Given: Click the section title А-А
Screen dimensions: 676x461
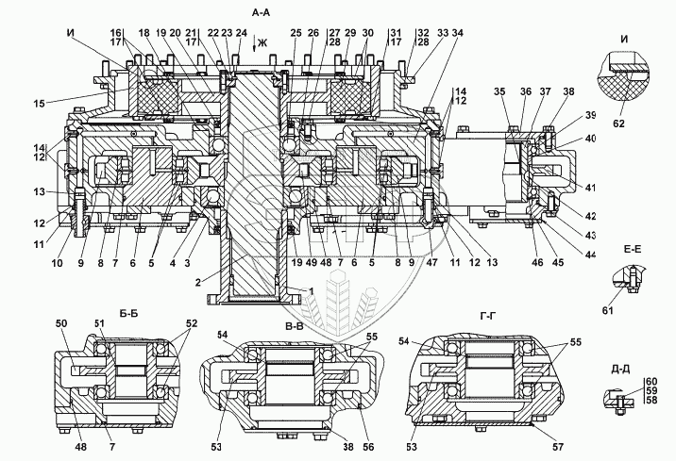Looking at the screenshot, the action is click(261, 13).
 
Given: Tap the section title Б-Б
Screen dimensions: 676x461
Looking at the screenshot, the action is click(128, 314).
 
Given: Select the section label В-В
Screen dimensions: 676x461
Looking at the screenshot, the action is click(295, 326).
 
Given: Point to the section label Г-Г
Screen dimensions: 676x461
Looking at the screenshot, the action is click(488, 317).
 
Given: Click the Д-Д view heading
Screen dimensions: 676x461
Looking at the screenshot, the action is click(621, 370).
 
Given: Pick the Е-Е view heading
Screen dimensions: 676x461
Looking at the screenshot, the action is click(633, 249).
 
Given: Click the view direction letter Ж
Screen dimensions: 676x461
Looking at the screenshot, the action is click(262, 42).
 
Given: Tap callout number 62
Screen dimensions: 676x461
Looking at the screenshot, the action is click(618, 123).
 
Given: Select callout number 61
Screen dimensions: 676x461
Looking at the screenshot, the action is click(608, 310).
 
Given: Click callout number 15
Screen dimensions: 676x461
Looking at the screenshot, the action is click(40, 104).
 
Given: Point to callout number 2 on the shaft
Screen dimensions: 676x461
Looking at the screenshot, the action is click(197, 283).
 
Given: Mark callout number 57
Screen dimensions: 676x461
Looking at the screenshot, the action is click(558, 447).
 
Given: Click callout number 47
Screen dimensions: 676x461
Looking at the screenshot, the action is click(432, 262).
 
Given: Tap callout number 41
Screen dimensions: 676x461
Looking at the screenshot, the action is click(590, 187).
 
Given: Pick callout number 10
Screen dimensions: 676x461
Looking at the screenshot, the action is click(57, 262).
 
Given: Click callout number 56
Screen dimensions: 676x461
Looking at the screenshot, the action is click(368, 447).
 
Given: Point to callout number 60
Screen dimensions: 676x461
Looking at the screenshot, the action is click(651, 381).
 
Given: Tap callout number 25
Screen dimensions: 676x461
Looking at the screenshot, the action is click(296, 33).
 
